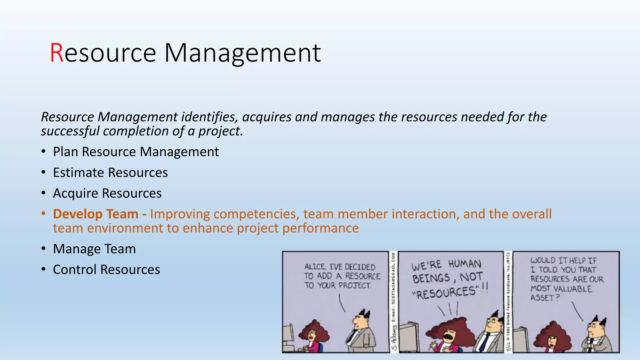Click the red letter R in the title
pyautogui.click(x=57, y=53)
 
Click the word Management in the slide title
pyautogui.click(x=242, y=53)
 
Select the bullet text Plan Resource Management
pyautogui.click(x=136, y=152)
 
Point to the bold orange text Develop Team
pyautogui.click(x=96, y=214)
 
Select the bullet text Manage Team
pyautogui.click(x=94, y=249)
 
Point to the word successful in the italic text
pyautogui.click(x=70, y=131)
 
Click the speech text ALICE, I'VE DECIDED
pyautogui.click(x=339, y=267)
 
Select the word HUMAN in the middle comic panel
pyautogui.click(x=465, y=264)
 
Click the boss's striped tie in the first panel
pyautogui.click(x=352, y=337)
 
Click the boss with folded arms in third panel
pyautogui.click(x=595, y=336)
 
